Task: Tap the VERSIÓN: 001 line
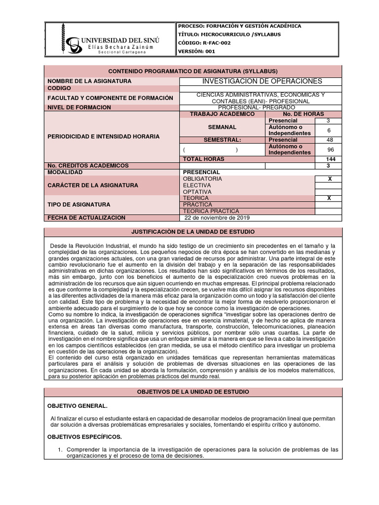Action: [197, 52]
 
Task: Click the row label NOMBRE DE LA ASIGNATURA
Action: [89, 81]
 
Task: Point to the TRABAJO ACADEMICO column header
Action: [222, 114]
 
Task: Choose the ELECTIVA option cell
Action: [197, 185]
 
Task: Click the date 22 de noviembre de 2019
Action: [217, 217]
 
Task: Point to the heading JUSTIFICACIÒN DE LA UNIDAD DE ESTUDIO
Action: [192, 231]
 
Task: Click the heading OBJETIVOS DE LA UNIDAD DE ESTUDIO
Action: [192, 391]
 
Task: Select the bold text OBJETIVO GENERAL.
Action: [76, 405]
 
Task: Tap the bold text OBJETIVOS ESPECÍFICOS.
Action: [84, 436]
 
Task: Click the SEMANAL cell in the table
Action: [222, 127]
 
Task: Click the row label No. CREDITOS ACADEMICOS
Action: [88, 166]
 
